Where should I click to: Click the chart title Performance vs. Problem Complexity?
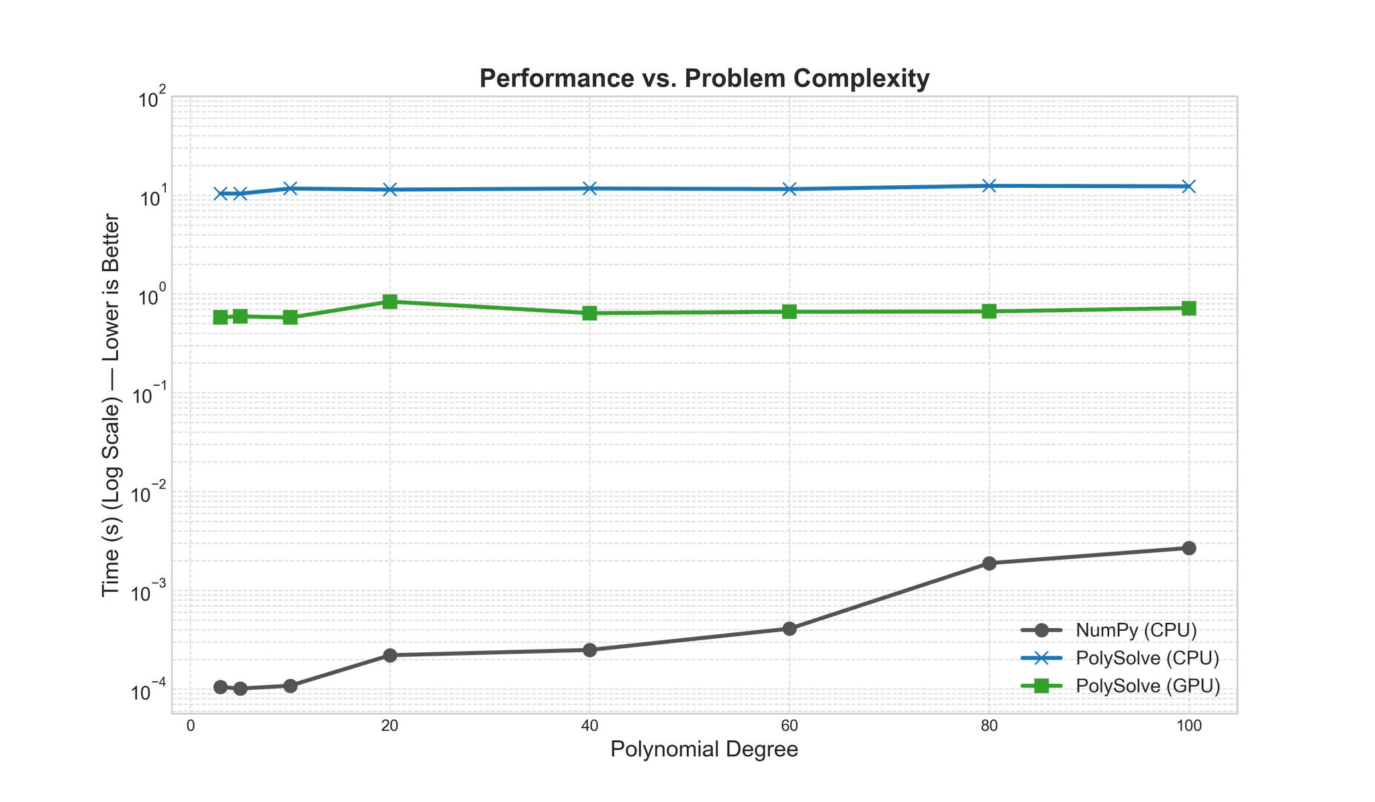[x=704, y=79]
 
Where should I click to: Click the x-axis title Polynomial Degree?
[x=704, y=750]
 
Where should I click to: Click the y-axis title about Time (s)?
[x=111, y=405]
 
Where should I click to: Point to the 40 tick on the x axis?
[x=589, y=725]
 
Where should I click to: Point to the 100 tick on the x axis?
[x=1188, y=725]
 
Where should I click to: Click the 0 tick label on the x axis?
[x=191, y=725]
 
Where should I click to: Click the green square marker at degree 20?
[x=390, y=301]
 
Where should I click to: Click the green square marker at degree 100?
[x=1188, y=308]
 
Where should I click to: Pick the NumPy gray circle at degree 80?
[x=989, y=563]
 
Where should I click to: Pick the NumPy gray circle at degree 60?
[x=790, y=629]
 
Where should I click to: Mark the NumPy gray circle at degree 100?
[x=1188, y=548]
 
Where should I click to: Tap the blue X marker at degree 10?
[x=290, y=189]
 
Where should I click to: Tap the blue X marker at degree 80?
[x=989, y=186]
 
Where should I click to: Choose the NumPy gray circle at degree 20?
[x=390, y=655]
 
